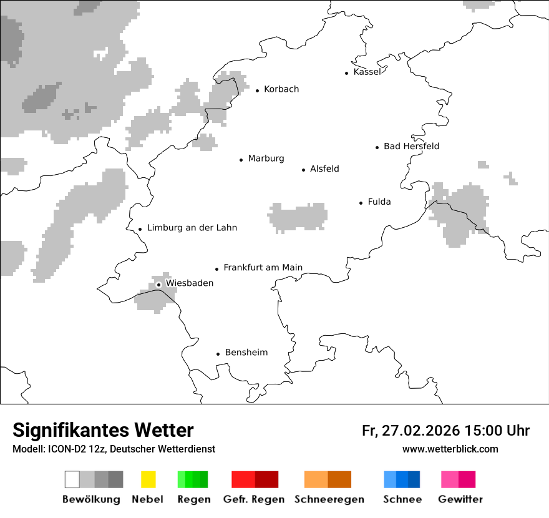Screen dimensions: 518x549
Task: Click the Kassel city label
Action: point(366,72)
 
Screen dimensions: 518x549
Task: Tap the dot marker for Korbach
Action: point(257,90)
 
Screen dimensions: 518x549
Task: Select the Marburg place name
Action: point(266,159)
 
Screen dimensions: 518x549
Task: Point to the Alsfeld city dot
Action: point(304,170)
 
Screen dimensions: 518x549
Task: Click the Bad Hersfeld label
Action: point(411,147)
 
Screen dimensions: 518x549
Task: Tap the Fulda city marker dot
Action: point(361,203)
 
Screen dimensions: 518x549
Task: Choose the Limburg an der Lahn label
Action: point(192,228)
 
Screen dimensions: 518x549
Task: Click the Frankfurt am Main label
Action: point(263,268)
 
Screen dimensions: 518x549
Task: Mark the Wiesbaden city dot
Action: point(159,285)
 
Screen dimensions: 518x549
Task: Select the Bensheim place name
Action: point(246,353)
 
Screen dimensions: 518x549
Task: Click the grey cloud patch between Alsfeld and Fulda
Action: point(298,217)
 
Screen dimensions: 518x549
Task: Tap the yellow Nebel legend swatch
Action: point(148,479)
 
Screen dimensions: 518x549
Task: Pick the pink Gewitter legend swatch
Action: point(450,479)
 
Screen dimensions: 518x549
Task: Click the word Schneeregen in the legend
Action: point(329,499)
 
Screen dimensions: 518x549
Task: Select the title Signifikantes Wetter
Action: point(103,431)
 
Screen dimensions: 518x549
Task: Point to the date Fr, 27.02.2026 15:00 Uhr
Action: point(445,431)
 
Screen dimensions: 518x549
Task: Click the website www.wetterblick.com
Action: point(450,449)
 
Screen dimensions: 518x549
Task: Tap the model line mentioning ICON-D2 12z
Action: point(114,449)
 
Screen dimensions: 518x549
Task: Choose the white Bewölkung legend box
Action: point(72,479)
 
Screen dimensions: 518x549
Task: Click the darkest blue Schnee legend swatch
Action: point(414,479)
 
